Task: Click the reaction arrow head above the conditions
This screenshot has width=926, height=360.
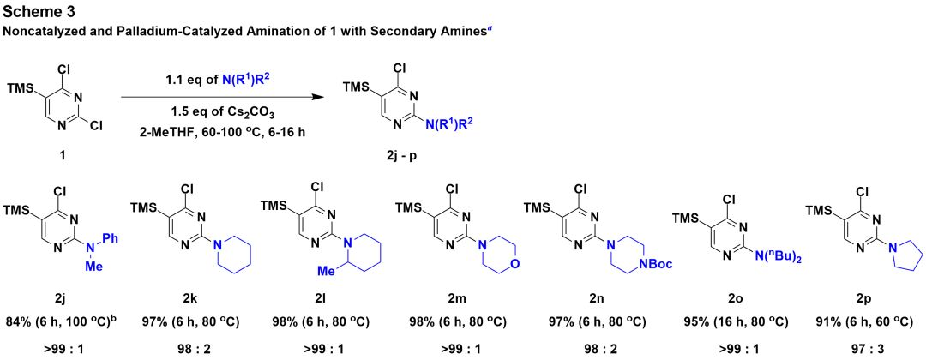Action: coord(325,98)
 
